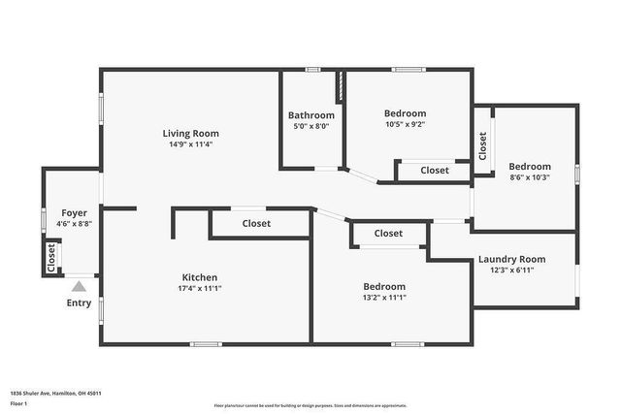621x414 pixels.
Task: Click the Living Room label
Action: (x=190, y=134)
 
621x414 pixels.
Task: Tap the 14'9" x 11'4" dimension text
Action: (x=190, y=144)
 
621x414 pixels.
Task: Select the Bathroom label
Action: (x=311, y=115)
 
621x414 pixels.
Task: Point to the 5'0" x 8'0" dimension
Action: (x=311, y=125)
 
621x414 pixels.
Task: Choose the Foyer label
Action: (x=75, y=213)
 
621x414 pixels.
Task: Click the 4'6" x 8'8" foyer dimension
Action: (x=75, y=224)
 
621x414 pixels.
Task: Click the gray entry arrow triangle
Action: (x=79, y=286)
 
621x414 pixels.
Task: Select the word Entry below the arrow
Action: (x=79, y=303)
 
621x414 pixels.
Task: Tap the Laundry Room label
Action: (x=511, y=259)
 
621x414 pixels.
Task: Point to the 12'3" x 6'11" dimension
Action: (x=511, y=270)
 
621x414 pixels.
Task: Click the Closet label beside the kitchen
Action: (x=256, y=224)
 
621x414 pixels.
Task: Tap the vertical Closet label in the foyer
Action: (x=51, y=257)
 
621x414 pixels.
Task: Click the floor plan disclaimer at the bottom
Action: (x=310, y=405)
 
